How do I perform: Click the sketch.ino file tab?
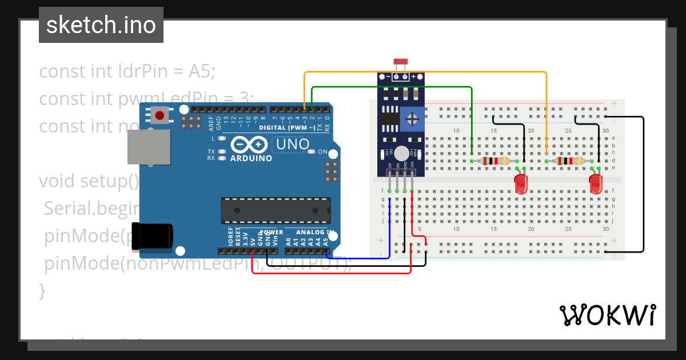click(101, 25)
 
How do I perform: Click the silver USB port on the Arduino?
click(149, 147)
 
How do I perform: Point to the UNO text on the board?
click(293, 145)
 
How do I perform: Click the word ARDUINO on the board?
click(252, 158)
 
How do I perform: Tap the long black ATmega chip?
click(276, 210)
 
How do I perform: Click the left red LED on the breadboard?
click(521, 183)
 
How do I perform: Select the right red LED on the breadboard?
click(595, 183)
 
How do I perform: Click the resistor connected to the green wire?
click(495, 161)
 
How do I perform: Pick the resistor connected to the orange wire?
click(569, 161)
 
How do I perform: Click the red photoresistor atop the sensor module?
click(400, 61)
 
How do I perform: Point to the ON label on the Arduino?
click(322, 152)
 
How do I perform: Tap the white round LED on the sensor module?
click(402, 153)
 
